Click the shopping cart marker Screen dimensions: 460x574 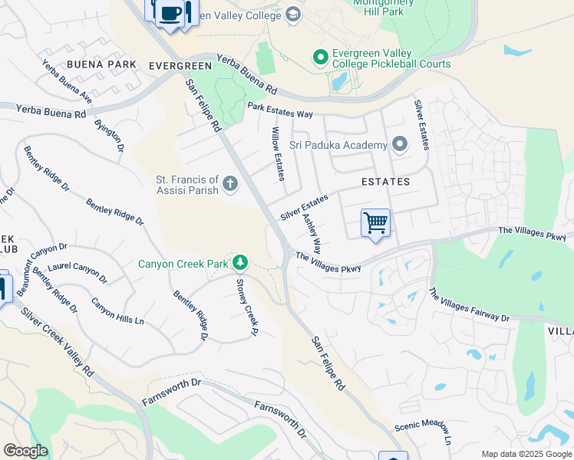[x=375, y=223]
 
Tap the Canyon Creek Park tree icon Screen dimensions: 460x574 [x=240, y=264]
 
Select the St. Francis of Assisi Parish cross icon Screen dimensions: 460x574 [x=230, y=183]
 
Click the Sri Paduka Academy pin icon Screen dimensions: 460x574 [x=399, y=144]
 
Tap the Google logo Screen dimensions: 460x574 [x=25, y=451]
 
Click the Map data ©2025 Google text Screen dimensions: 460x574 [x=526, y=454]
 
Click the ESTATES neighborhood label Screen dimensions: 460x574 [x=386, y=182]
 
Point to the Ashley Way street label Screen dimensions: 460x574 [x=312, y=235]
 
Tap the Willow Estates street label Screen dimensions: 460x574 [x=277, y=154]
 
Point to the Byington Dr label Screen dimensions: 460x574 [x=109, y=135]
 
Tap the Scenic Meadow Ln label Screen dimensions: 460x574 [x=421, y=432]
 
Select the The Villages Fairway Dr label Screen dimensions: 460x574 [x=469, y=306]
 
